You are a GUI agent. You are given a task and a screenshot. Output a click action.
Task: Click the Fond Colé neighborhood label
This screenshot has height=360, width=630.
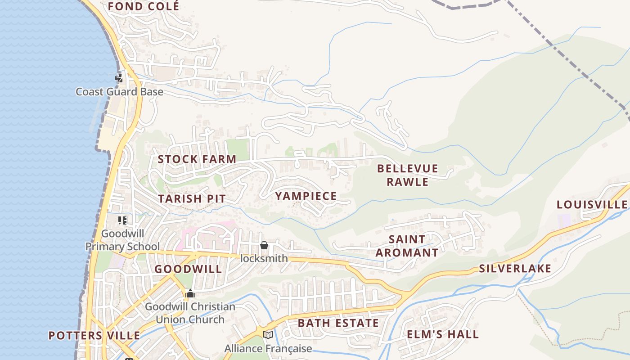pyautogui.click(x=143, y=6)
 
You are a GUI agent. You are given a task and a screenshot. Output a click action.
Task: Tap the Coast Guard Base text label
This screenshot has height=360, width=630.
pyautogui.click(x=119, y=92)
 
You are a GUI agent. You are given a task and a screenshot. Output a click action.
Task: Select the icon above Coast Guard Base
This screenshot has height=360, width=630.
pyautogui.click(x=119, y=78)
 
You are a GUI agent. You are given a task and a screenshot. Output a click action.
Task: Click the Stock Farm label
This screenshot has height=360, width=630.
pyautogui.click(x=197, y=159)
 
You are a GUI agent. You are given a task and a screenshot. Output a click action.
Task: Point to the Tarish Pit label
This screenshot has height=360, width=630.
pyautogui.click(x=192, y=198)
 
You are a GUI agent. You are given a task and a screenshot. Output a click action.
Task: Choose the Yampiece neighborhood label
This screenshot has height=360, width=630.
pyautogui.click(x=306, y=196)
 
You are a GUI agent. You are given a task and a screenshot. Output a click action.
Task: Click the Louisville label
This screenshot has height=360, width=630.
pyautogui.click(x=592, y=205)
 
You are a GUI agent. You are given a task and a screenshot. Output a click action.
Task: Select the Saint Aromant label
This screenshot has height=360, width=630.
pyautogui.click(x=407, y=246)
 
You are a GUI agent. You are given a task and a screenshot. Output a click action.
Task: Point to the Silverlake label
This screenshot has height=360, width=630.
pyautogui.click(x=515, y=269)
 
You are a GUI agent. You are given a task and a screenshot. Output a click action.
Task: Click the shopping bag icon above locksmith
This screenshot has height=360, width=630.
pyautogui.click(x=264, y=245)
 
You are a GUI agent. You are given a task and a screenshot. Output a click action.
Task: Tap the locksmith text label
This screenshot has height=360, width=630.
pyautogui.click(x=264, y=258)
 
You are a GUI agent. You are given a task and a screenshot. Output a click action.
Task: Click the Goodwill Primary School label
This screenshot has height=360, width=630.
pyautogui.click(x=122, y=240)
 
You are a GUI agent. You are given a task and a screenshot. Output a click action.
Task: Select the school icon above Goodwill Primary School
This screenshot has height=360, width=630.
pyautogui.click(x=122, y=220)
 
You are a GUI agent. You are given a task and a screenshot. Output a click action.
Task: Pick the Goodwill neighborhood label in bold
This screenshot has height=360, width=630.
pyautogui.click(x=188, y=269)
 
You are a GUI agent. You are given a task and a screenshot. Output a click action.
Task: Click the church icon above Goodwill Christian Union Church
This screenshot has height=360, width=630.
pyautogui.click(x=190, y=293)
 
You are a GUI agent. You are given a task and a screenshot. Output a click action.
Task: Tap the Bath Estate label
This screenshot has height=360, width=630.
pyautogui.click(x=338, y=323)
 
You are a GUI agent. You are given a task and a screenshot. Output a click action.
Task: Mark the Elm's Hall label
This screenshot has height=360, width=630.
pyautogui.click(x=443, y=334)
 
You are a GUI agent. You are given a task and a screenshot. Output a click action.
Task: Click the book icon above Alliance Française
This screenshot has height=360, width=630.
pyautogui.click(x=268, y=335)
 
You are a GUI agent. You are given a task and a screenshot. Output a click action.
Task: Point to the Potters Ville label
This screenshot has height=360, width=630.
pyautogui.click(x=94, y=336)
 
